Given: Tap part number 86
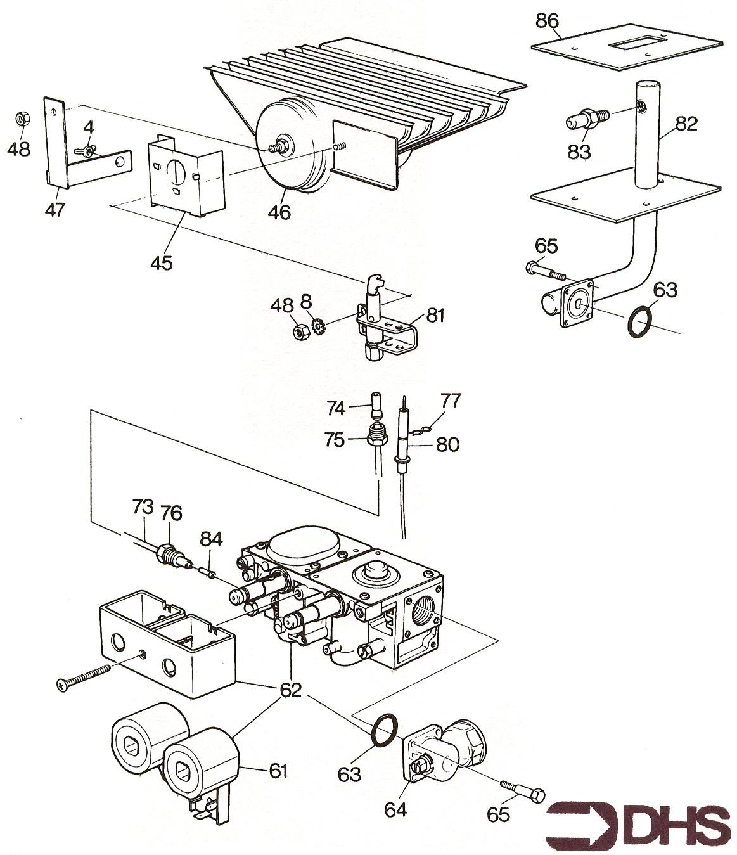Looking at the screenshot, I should [x=547, y=22].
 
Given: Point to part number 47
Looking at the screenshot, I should [x=55, y=209].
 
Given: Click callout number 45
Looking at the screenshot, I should [x=162, y=262].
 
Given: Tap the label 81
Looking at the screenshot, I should [x=435, y=315].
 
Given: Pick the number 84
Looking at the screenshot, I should [x=211, y=539].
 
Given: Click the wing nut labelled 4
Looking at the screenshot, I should [x=89, y=150].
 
